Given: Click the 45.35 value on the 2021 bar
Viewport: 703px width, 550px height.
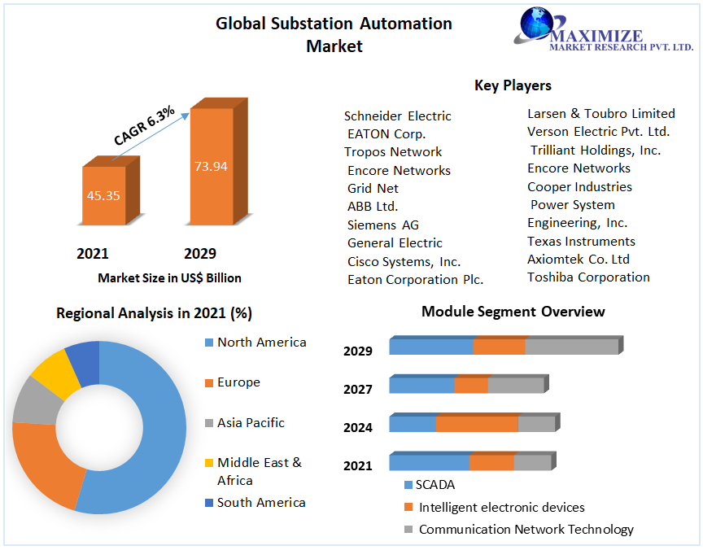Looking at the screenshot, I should [103, 195].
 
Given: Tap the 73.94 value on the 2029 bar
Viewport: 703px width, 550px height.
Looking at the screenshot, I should [211, 166].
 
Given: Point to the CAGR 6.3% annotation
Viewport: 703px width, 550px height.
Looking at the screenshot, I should [144, 126].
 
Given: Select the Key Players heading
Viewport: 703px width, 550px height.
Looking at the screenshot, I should [513, 85].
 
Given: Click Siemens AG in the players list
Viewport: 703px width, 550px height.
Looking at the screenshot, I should [382, 225].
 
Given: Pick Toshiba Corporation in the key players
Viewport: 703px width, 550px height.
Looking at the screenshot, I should [588, 277].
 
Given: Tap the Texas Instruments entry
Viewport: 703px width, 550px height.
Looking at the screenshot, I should [581, 242].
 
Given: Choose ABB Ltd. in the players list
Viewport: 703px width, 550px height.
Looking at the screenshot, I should [373, 207].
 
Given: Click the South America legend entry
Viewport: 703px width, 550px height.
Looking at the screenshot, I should [260, 503].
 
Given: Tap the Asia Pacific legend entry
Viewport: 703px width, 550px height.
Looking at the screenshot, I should [250, 423].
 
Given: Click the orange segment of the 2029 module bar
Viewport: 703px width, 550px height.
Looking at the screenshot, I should [499, 347].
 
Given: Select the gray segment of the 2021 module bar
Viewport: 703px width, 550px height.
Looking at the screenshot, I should [532, 463].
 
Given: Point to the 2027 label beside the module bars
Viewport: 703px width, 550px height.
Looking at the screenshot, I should [358, 390].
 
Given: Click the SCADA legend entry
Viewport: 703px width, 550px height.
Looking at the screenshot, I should [434, 485].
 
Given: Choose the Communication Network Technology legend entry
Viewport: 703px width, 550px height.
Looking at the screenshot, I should [526, 530].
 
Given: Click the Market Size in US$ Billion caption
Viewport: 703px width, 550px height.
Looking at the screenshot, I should [169, 278].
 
